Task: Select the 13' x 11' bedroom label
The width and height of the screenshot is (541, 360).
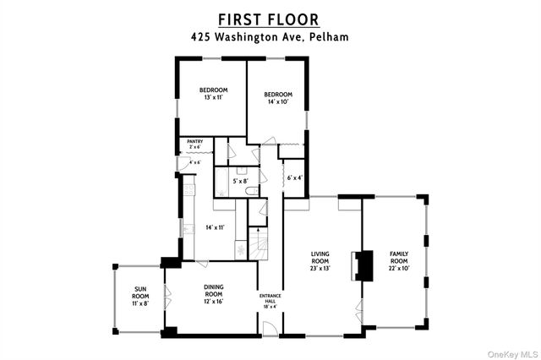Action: (213, 94)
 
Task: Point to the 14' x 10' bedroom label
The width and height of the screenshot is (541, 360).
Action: (277, 98)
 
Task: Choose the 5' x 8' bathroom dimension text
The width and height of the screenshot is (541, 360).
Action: (241, 180)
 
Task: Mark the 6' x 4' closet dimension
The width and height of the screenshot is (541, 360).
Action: (294, 177)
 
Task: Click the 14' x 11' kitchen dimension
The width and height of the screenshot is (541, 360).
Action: (214, 226)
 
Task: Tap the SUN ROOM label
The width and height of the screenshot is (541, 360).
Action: (140, 298)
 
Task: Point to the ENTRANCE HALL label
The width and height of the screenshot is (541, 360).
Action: (268, 301)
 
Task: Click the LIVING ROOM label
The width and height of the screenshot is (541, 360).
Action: (320, 259)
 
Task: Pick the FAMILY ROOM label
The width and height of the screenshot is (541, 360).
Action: (398, 259)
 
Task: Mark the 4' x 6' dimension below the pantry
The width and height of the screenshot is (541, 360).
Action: (194, 162)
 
